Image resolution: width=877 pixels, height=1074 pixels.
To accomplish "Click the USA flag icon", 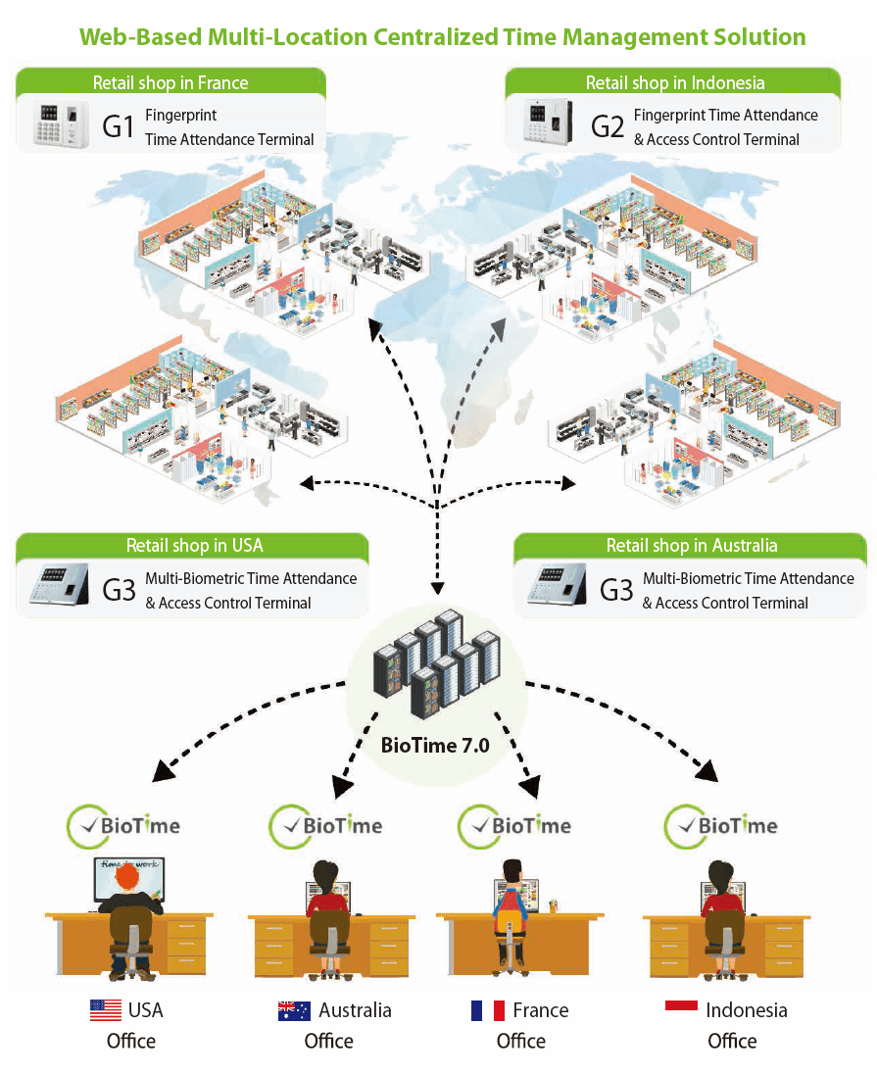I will click(106, 1010).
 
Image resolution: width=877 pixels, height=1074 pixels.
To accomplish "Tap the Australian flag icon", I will click(294, 1010).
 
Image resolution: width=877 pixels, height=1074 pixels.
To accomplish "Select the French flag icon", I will click(487, 1010).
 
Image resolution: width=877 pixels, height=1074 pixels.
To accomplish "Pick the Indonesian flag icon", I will click(681, 1006).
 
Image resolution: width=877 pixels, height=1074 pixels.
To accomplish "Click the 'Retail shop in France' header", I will click(170, 82).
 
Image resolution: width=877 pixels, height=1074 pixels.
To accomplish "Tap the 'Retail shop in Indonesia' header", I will click(674, 82).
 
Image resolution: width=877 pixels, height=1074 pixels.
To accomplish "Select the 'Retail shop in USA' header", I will click(194, 546).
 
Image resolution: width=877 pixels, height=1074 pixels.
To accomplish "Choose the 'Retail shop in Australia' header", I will click(691, 546).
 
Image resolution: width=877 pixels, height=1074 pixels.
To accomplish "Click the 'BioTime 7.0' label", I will click(434, 746).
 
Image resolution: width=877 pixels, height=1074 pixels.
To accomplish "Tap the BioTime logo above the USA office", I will click(123, 825).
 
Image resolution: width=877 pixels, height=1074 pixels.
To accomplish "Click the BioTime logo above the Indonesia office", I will click(721, 825).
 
